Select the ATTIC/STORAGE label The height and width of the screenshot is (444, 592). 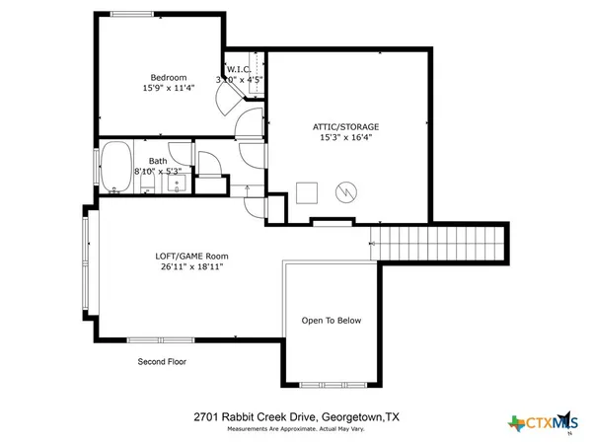click(345, 127)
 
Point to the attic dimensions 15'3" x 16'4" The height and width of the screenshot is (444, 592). click(345, 139)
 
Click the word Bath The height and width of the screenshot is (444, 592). click(158, 160)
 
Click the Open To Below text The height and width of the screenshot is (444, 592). click(332, 321)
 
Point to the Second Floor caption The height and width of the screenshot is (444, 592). click(162, 362)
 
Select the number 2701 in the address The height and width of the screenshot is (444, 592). click(204, 416)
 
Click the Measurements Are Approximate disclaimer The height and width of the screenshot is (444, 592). click(296, 430)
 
